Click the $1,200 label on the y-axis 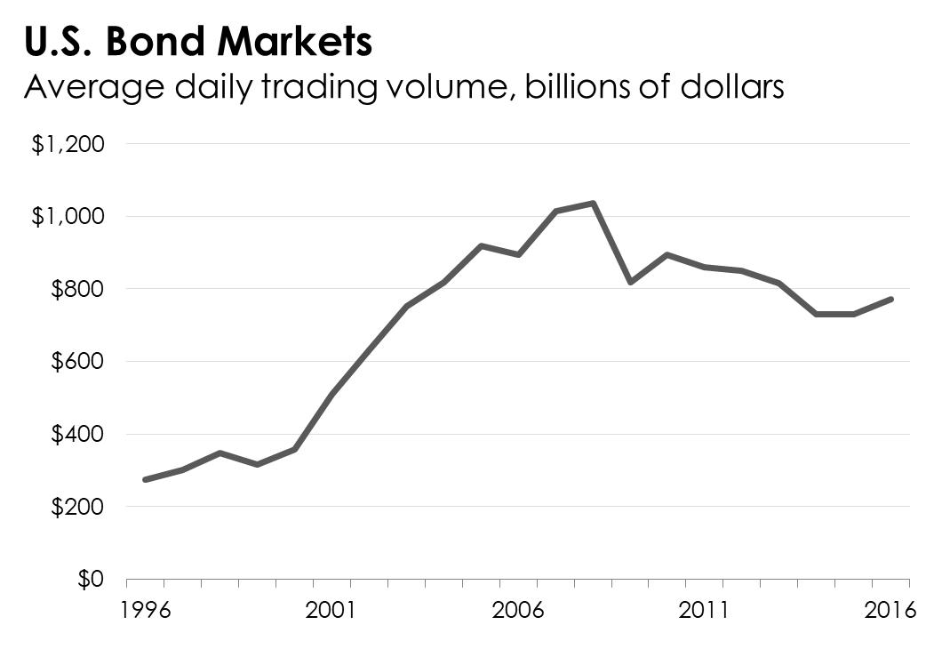pyautogui.click(x=68, y=144)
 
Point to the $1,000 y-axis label pyautogui.click(x=68, y=217)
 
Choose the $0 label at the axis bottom pyautogui.click(x=90, y=580)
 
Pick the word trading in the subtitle pyautogui.click(x=295, y=90)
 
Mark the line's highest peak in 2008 pyautogui.click(x=592, y=203)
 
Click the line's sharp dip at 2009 pyautogui.click(x=629, y=282)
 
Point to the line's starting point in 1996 pyautogui.click(x=145, y=479)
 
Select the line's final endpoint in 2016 pyautogui.click(x=891, y=299)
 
